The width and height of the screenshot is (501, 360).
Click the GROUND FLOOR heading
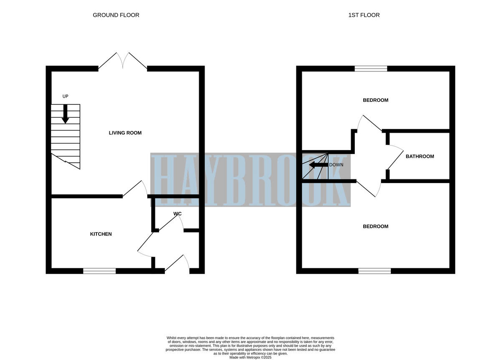point(116,15)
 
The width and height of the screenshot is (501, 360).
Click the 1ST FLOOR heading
point(364,15)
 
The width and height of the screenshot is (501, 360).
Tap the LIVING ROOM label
point(125,133)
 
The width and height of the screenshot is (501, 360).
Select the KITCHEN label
point(101,234)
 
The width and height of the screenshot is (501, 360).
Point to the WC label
point(177,214)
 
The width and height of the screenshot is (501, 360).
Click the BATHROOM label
point(420,156)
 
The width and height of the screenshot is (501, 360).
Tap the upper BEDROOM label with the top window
point(375,100)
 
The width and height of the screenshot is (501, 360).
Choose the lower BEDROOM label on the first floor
point(375,227)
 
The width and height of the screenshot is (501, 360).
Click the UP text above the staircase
point(65,96)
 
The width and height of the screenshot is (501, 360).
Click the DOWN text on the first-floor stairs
point(336,165)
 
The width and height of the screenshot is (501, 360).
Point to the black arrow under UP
point(65,114)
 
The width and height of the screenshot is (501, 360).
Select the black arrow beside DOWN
point(318,165)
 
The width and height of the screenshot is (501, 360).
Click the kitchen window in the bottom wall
point(99,271)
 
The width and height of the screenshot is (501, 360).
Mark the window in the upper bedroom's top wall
point(371,69)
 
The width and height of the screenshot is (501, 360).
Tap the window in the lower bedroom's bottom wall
point(374,271)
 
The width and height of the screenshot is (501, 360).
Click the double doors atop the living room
point(123,61)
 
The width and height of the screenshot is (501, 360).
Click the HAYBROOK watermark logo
point(250,180)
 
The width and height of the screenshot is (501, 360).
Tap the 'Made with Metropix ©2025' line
point(250,357)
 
